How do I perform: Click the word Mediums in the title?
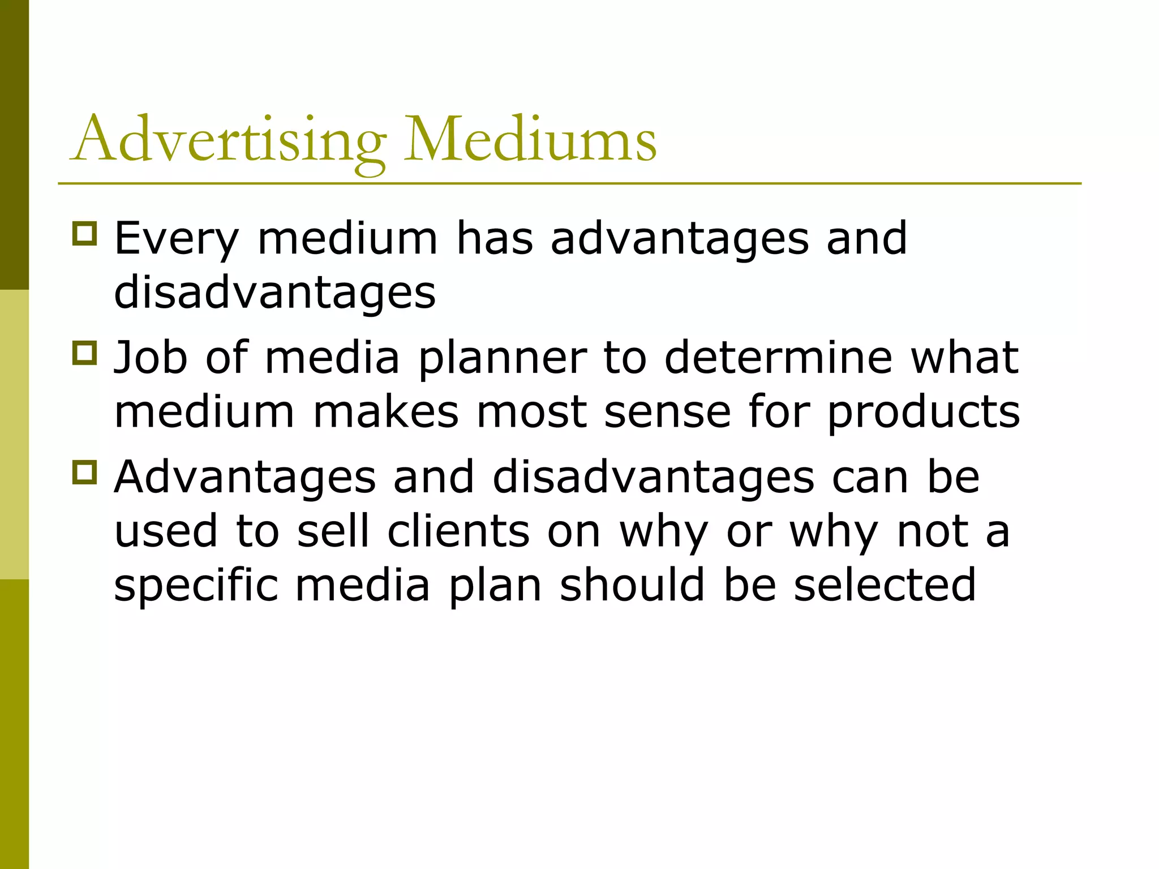coord(530,139)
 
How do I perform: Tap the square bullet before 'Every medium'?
coord(85,233)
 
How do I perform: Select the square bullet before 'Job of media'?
coord(85,352)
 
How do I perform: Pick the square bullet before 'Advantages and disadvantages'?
coord(85,472)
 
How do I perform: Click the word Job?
coord(151,358)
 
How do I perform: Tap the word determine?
coord(778,358)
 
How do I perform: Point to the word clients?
coord(458,532)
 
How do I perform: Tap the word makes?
coord(385,412)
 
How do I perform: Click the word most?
coord(532,413)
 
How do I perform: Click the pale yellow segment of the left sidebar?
coord(14,434)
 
